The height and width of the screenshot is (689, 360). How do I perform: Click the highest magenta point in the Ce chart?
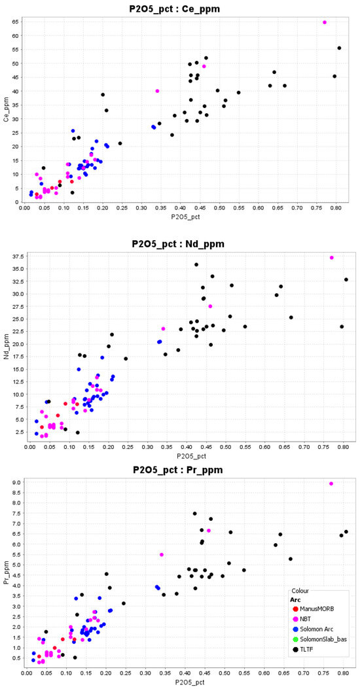tap(325, 22)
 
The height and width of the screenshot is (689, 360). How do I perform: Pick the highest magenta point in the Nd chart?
tap(332, 258)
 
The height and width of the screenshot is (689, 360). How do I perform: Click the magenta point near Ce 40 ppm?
tap(158, 91)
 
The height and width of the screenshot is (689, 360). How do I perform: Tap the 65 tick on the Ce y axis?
tap(15, 22)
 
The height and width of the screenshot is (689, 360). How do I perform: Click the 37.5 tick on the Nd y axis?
tap(18, 258)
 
